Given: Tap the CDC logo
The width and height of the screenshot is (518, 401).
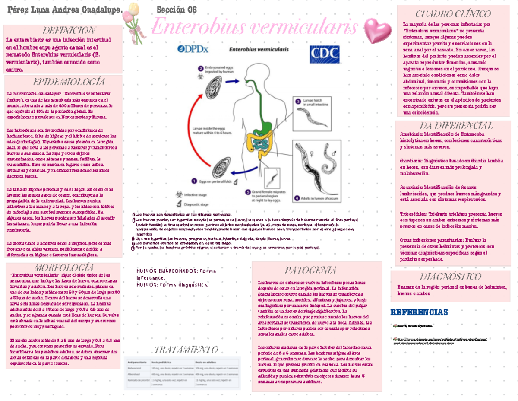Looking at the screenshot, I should [x=324, y=54].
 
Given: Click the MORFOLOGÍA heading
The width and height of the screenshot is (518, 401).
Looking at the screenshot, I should [x=63, y=267].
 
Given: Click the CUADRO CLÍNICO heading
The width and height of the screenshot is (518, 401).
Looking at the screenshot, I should [x=453, y=14].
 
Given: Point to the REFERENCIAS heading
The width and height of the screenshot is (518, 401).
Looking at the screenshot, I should [x=419, y=312].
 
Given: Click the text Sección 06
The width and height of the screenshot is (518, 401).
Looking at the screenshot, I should [x=176, y=9].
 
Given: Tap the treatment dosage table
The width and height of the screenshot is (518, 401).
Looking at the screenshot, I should [x=182, y=372].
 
